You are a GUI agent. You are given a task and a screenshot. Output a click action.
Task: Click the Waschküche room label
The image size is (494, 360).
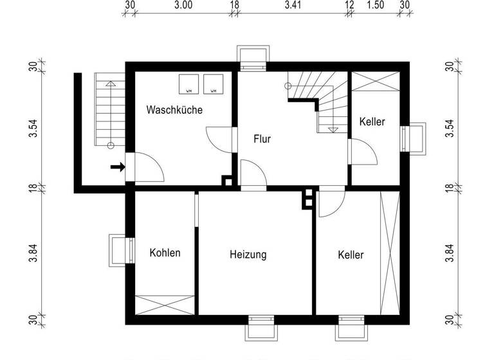click(174, 110)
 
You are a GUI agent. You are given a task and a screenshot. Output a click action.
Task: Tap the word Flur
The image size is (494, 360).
click(262, 138)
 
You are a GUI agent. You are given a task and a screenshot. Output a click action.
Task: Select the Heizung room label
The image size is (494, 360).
click(248, 255)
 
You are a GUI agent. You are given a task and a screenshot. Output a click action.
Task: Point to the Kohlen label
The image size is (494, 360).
click(165, 253)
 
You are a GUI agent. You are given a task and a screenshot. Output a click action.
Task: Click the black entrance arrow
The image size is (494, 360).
click(117, 168)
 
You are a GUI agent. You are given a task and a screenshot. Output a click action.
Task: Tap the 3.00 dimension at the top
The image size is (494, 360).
click(183, 6)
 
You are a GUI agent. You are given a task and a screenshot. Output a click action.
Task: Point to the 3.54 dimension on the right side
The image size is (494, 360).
click(450, 128)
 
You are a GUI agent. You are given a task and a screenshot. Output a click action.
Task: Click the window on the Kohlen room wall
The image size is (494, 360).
click(120, 250)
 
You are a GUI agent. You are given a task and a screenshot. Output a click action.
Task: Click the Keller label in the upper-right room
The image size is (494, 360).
click(372, 121)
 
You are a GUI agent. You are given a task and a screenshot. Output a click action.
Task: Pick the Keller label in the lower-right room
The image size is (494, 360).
click(351, 255)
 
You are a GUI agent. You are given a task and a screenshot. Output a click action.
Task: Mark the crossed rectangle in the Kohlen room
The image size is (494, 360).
click(165, 303)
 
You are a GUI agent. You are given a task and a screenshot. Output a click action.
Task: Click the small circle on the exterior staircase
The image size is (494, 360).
click(110, 145)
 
